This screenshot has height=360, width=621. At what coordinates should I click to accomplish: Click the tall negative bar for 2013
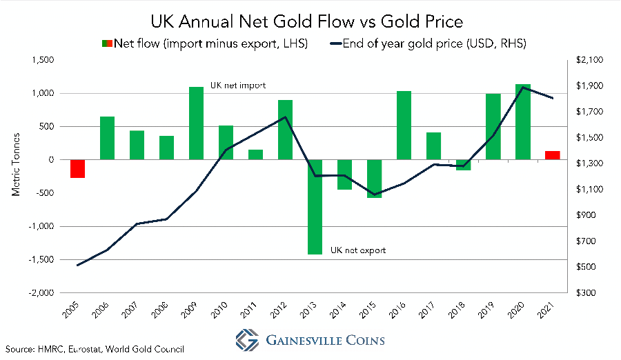click(315, 207)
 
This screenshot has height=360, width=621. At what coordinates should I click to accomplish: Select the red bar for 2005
click(77, 168)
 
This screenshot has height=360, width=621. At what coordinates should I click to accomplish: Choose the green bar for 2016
click(404, 125)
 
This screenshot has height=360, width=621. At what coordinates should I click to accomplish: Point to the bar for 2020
click(522, 121)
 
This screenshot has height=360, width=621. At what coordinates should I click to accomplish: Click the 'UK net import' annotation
click(238, 85)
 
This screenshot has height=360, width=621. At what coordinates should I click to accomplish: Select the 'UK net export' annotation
click(358, 250)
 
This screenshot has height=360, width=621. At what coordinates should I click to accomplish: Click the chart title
click(310, 15)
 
